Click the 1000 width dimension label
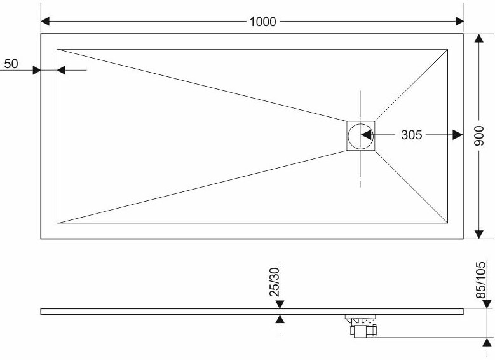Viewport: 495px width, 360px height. pos(262,22)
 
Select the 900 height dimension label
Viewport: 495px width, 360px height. pos(479,136)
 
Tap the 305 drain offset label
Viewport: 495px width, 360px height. pos(411,135)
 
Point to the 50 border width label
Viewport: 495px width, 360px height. pos(11,64)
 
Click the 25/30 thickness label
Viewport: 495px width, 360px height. pos(275,282)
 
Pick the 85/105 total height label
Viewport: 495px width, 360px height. pos(480,280)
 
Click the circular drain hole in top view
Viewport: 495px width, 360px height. pos(360,136)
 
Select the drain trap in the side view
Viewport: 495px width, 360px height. pos(361,326)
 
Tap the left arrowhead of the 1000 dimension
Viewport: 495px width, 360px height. pos(46,22)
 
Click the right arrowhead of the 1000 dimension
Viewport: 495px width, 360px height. pos(459,22)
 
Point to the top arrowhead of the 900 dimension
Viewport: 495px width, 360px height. pos(479,38)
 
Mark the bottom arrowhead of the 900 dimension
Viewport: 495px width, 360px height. pos(479,234)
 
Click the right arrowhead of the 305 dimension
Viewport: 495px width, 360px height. pos(458,135)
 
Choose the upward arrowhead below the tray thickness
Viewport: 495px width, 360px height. pos(280,319)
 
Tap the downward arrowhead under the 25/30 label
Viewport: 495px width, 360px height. pos(280,305)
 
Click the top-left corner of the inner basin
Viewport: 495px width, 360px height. pos(57,50)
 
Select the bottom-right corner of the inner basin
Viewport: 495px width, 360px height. pos(447,223)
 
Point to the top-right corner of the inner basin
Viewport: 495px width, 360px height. pos(447,50)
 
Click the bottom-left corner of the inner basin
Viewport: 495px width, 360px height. pos(57,223)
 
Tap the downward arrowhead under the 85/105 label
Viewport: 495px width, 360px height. pos(487,304)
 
